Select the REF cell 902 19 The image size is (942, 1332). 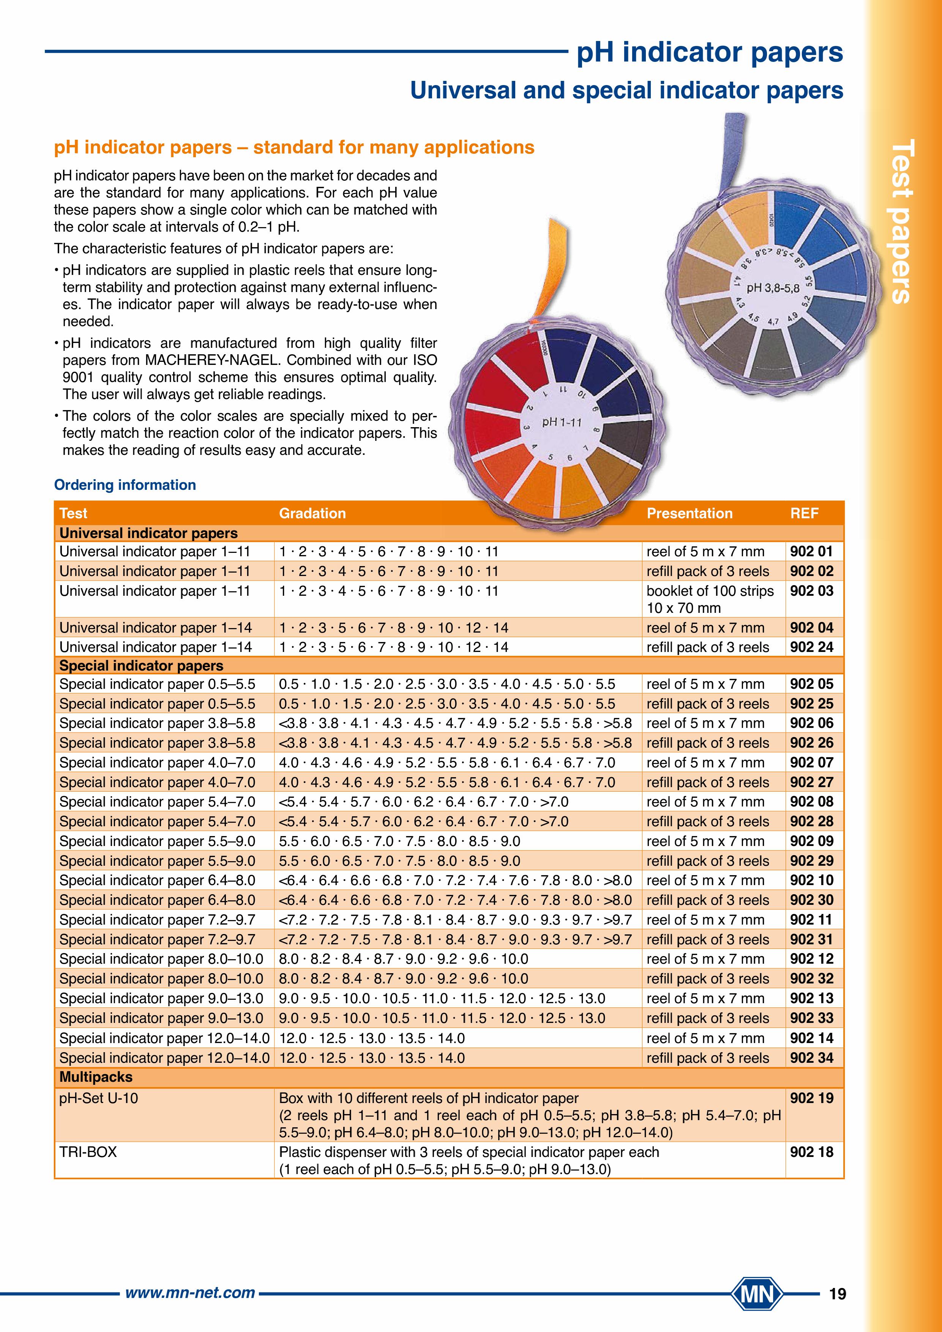tap(811, 1098)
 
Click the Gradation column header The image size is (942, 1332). tap(312, 513)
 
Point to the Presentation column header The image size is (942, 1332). tap(689, 513)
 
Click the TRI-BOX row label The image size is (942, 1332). tap(88, 1152)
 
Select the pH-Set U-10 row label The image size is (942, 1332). tap(99, 1098)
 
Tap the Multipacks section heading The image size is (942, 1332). tap(96, 1077)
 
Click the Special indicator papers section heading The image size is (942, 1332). tap(141, 665)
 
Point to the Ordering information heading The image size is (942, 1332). tap(125, 485)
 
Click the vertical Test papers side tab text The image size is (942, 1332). tap(901, 221)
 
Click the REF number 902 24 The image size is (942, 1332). tap(811, 647)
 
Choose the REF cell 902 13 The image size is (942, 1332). tap(811, 998)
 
